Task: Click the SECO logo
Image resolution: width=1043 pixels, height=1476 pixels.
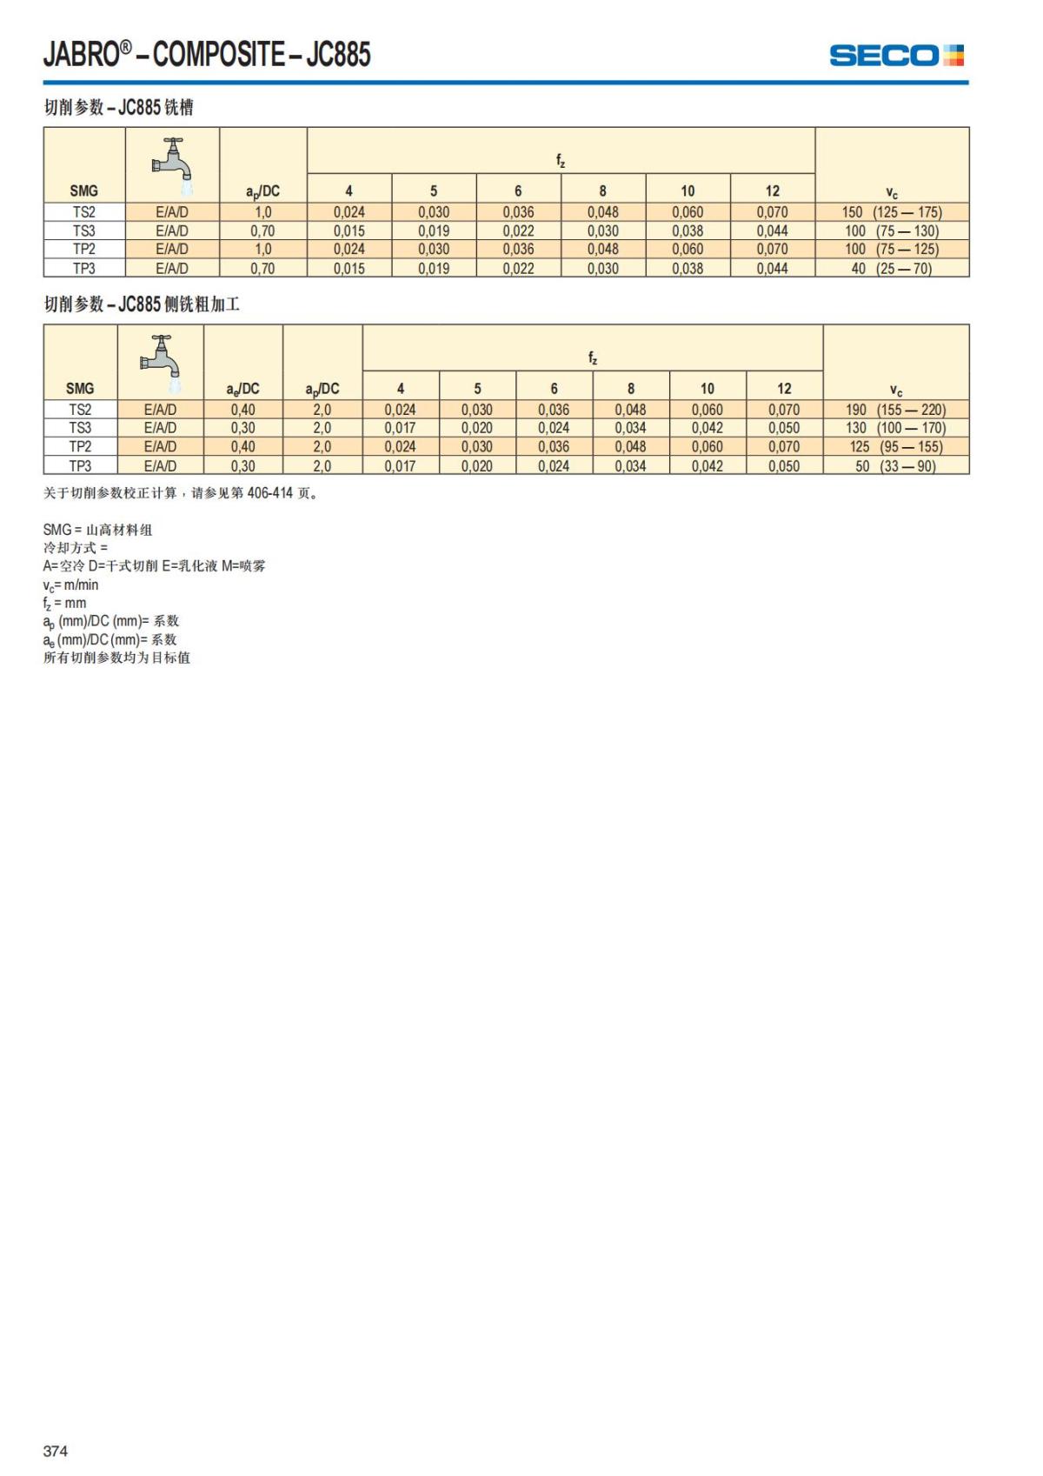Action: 896,56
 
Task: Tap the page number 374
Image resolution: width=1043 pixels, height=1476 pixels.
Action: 56,1450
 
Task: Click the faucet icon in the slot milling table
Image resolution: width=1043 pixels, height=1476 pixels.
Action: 173,164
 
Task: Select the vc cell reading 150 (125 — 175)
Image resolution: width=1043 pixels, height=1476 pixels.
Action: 892,212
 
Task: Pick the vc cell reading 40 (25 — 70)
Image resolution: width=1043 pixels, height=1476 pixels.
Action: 892,269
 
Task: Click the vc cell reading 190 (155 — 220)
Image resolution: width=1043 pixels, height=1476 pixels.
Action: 895,410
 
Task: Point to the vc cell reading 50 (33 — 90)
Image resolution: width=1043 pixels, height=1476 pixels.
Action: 895,466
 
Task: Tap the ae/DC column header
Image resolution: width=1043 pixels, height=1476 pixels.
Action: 242,389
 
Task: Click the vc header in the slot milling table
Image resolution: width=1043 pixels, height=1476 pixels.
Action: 892,193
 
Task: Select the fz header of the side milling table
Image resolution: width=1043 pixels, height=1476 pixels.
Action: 592,357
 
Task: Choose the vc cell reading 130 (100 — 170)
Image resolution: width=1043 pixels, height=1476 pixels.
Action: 895,428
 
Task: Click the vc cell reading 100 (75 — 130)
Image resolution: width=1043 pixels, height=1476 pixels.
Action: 892,231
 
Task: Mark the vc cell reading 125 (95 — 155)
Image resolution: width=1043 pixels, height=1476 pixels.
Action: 895,447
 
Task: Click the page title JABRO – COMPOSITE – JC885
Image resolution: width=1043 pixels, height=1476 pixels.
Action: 207,55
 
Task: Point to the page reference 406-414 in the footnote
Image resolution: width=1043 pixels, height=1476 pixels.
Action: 269,493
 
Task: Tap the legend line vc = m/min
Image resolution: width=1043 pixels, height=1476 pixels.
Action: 70,585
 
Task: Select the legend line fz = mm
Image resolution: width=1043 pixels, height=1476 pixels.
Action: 64,604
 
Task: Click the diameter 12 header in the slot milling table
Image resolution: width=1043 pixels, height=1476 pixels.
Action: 772,191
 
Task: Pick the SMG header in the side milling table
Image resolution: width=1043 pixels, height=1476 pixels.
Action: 80,389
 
